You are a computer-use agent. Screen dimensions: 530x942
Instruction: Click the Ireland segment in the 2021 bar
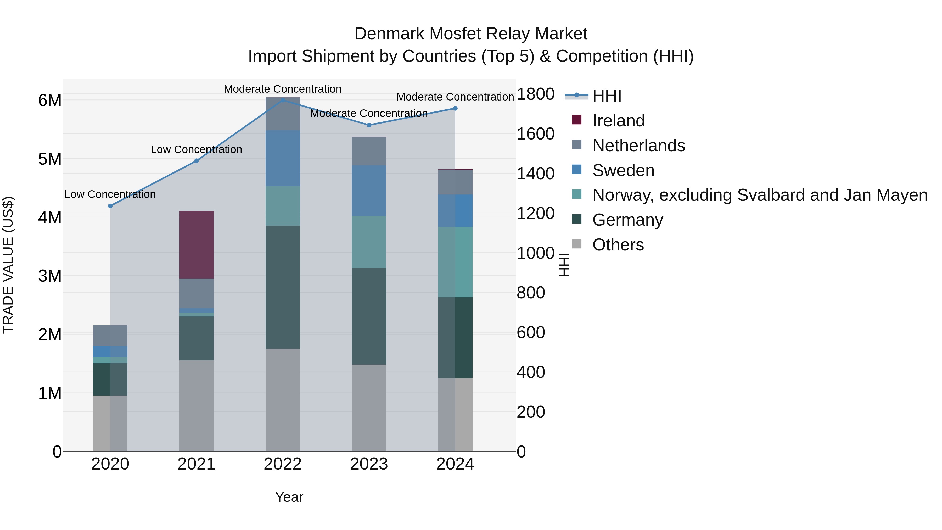coord(196,245)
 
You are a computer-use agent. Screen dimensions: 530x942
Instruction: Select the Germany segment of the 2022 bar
coord(283,287)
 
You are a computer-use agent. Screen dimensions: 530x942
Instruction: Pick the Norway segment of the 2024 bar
coord(455,262)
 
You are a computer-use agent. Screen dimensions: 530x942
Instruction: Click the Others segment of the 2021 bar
coord(196,406)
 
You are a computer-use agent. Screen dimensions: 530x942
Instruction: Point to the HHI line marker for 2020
coord(110,206)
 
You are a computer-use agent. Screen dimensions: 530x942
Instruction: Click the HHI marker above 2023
coord(369,125)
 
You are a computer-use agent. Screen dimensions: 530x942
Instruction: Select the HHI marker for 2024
coord(455,108)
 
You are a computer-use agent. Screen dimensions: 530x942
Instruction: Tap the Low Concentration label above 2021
coord(196,150)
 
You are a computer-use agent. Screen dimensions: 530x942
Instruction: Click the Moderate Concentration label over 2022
coord(282,89)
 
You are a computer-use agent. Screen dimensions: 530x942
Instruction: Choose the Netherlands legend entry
coord(638,146)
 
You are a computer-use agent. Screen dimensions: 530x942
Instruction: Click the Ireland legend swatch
coord(577,120)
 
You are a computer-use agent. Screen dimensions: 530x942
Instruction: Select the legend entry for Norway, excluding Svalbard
coord(760,195)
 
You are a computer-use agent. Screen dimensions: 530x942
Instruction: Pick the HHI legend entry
coord(606,96)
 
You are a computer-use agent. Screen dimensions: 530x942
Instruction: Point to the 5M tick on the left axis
coord(50,159)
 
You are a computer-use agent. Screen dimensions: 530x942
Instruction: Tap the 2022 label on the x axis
coord(283,464)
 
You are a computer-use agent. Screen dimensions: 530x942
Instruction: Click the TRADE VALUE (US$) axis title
coord(8,265)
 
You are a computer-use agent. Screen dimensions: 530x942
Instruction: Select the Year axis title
coord(289,497)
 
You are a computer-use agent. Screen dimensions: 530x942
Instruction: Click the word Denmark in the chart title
coord(389,34)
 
